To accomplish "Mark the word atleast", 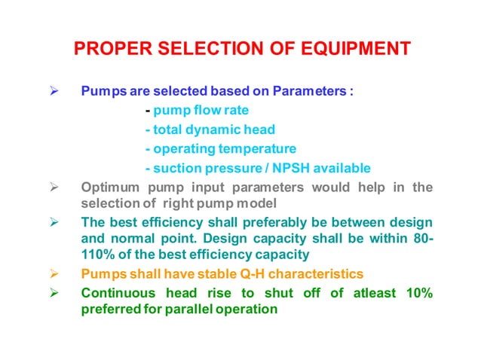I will (359, 293).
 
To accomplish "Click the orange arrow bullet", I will (54, 273).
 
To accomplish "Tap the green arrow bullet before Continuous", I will (54, 293).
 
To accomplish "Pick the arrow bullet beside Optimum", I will (54, 187).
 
